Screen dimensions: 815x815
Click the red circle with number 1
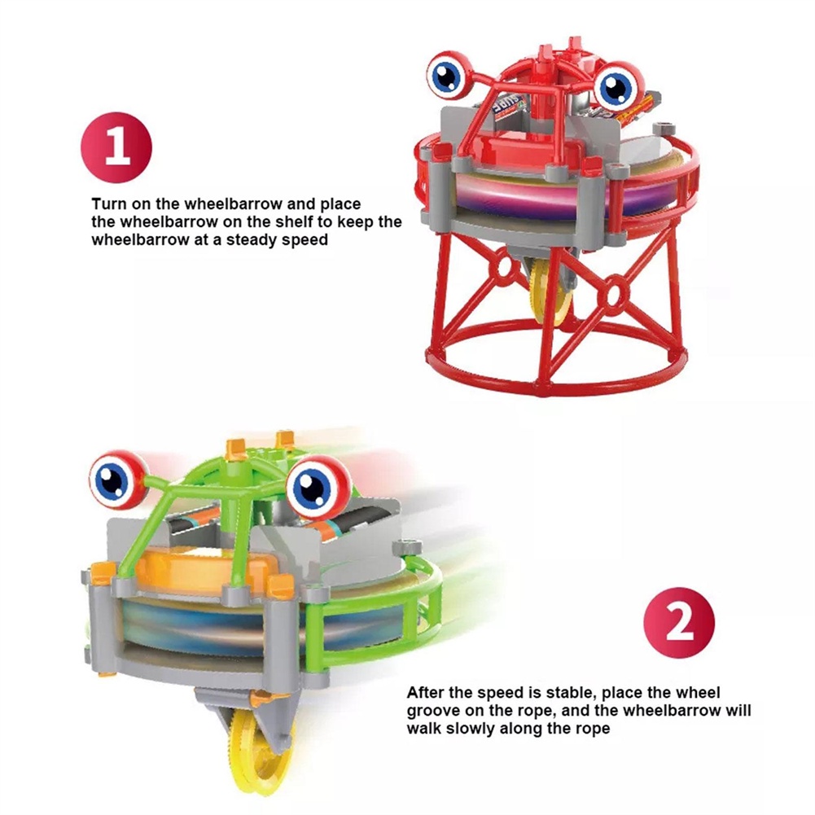pos(116,147)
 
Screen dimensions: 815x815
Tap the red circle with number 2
pos(679,623)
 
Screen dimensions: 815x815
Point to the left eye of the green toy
pos(115,480)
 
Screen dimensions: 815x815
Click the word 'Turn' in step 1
pos(108,204)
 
